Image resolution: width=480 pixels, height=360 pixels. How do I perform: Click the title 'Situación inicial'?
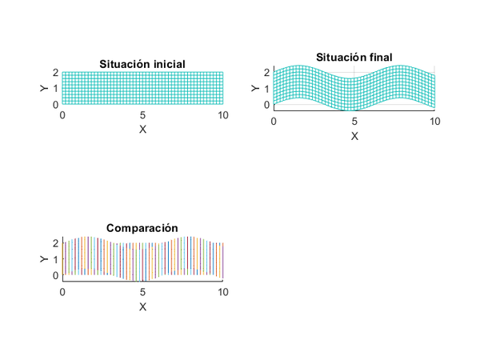142,64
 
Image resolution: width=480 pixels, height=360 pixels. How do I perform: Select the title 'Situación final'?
354,57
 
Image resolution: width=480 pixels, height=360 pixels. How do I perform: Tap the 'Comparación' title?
142,228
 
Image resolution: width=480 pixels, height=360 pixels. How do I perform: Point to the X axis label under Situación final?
354,136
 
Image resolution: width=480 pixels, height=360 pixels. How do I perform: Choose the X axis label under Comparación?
142,306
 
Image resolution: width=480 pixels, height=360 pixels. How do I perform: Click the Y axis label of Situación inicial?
43,88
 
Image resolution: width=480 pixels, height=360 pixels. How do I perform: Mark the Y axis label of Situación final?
255,87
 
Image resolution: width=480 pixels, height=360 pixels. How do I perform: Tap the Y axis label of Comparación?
43,258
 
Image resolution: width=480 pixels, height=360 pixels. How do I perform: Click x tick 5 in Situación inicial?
142,116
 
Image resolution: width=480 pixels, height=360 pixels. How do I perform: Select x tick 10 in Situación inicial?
223,116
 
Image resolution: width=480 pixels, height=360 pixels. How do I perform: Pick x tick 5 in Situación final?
354,121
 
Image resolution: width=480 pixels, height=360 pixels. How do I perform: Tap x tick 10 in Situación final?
434,121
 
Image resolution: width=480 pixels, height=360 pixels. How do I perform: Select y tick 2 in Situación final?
266,72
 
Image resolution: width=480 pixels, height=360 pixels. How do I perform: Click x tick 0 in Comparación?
62,292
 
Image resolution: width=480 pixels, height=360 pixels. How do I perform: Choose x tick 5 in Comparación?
142,292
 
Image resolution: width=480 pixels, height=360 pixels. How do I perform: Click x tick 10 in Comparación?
223,292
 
